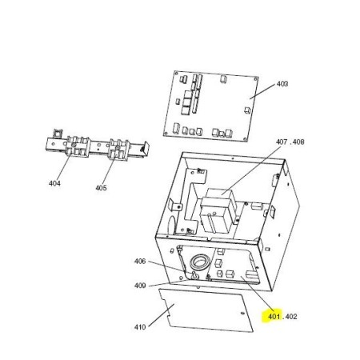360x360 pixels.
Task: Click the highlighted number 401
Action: (x=274, y=317)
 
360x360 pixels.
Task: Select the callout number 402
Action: (x=291, y=317)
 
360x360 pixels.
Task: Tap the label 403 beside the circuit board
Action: (x=282, y=84)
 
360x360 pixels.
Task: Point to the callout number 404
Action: (x=54, y=183)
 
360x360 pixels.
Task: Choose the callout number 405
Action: (x=101, y=188)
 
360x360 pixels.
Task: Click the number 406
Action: (x=140, y=262)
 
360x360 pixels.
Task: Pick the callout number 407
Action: (x=282, y=142)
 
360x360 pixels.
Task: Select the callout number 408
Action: (x=298, y=142)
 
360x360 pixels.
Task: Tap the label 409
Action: (x=140, y=286)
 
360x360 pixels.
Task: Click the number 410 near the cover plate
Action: (x=140, y=327)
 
